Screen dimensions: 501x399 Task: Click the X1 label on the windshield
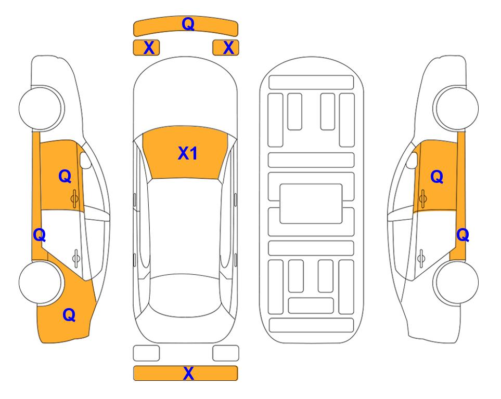pos(188,153)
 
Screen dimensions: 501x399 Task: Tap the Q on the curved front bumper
pos(188,23)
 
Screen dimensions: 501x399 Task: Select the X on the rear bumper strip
pos(188,373)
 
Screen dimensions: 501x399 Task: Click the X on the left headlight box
pos(149,48)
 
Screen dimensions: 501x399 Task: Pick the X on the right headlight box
pos(228,48)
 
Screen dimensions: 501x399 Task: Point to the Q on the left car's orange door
pos(65,176)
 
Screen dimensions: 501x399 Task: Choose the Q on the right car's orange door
pos(437,177)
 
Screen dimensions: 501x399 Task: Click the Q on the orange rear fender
pos(69,315)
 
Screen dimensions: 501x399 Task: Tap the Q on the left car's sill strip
pos(40,235)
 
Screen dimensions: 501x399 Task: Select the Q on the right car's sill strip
pos(463,235)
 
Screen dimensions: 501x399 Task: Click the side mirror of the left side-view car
pos(85,160)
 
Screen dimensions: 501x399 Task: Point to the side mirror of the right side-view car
pos(412,160)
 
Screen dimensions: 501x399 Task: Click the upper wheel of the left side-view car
pos(41,108)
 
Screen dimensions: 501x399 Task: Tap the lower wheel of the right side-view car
pos(456,282)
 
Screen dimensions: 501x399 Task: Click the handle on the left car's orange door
pos(75,198)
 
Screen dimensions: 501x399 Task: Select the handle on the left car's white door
pos(76,258)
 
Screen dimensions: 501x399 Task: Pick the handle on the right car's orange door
pos(422,198)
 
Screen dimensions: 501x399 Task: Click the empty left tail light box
pos(146,353)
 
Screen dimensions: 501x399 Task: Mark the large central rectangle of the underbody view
pos(311,204)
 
